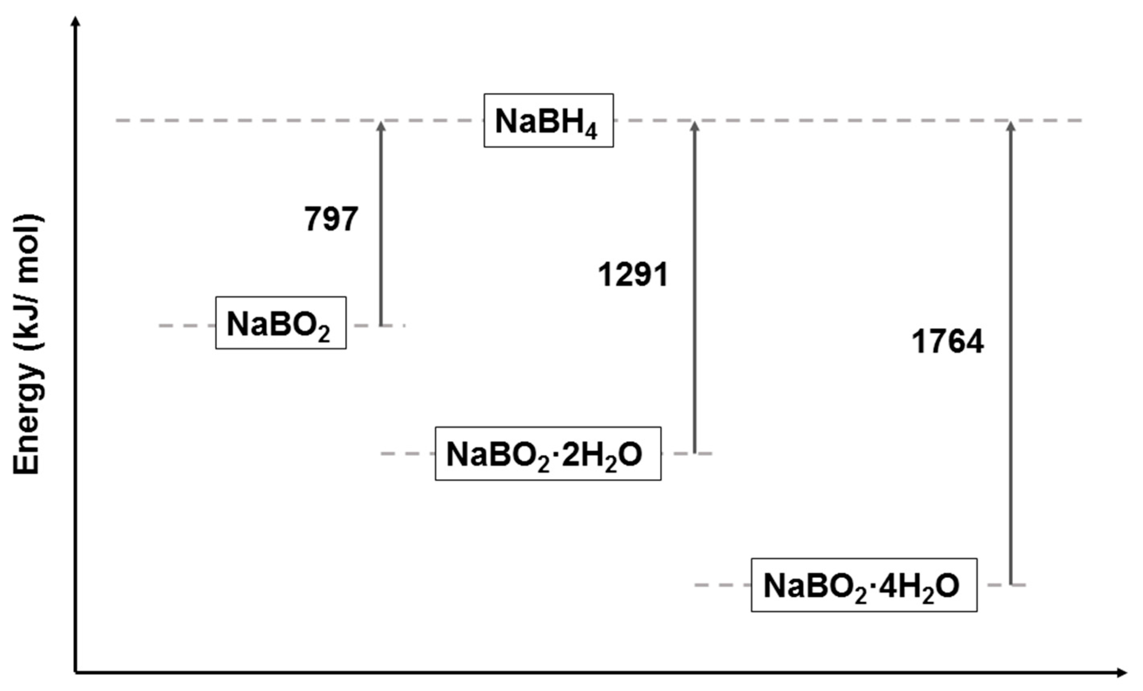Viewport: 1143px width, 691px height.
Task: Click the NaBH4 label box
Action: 548,121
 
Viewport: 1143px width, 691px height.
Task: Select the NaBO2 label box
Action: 281,323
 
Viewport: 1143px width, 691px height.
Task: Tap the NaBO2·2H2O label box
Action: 548,454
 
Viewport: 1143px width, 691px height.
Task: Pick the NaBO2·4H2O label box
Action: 864,585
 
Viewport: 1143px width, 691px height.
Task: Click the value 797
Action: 331,218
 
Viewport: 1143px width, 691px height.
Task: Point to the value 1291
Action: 633,274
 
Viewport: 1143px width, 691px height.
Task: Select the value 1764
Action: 947,342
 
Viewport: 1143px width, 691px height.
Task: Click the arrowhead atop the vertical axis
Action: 76,21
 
